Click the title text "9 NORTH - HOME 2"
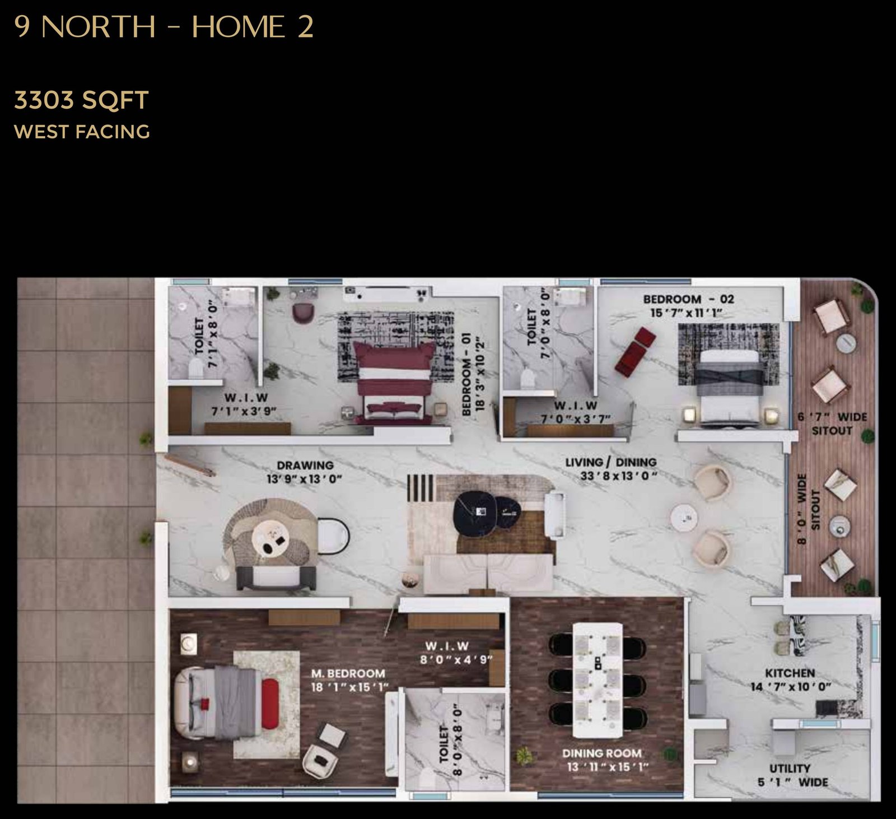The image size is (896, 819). click(x=163, y=27)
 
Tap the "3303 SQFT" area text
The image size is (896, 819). click(x=81, y=100)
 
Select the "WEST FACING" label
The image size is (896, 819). click(x=82, y=132)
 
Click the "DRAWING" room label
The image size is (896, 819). click(x=305, y=465)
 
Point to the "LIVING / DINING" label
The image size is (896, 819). click(x=610, y=462)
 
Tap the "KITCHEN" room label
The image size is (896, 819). click(x=790, y=673)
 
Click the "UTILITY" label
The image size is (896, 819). click(x=790, y=768)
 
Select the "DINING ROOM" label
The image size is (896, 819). click(x=602, y=753)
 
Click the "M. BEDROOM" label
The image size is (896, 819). click(x=348, y=673)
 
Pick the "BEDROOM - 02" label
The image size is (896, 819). click(x=688, y=299)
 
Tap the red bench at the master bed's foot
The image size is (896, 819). click(x=270, y=704)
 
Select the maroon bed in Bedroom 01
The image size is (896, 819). click(x=394, y=383)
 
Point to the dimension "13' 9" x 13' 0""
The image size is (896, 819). click(x=304, y=479)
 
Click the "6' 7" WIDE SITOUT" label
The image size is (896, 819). click(x=832, y=424)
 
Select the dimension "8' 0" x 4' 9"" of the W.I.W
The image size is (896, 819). click(x=456, y=659)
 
